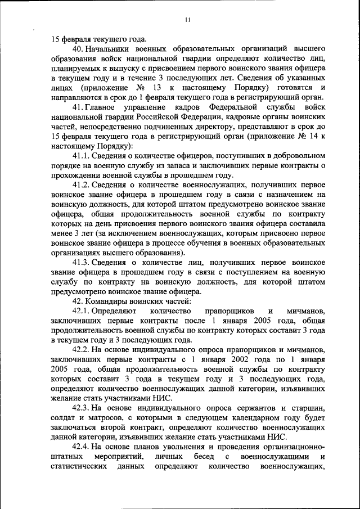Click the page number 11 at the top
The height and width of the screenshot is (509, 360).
[188, 21]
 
